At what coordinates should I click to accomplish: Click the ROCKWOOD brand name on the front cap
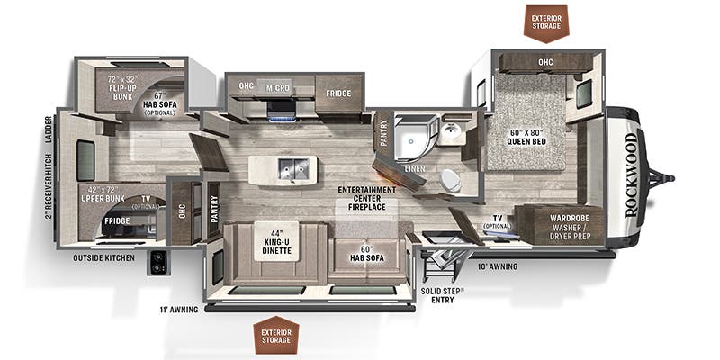(632, 175)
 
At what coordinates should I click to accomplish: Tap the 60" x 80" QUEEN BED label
(526, 138)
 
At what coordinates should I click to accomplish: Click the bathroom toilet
(451, 181)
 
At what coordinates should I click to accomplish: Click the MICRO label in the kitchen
(277, 87)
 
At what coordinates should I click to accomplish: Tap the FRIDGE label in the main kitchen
(338, 94)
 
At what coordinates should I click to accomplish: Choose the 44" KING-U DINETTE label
(277, 240)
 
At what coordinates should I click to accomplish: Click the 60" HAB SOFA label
(367, 254)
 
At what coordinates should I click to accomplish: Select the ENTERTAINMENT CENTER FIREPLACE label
(367, 198)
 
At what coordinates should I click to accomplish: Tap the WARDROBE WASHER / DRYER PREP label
(570, 228)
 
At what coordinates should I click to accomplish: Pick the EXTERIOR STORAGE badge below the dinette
(276, 335)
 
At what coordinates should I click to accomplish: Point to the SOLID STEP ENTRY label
(442, 296)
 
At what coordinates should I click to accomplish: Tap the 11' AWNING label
(179, 310)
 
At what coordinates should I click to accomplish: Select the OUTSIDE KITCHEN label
(103, 258)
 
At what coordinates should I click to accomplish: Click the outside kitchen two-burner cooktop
(158, 263)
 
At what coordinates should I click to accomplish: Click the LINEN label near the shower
(414, 169)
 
